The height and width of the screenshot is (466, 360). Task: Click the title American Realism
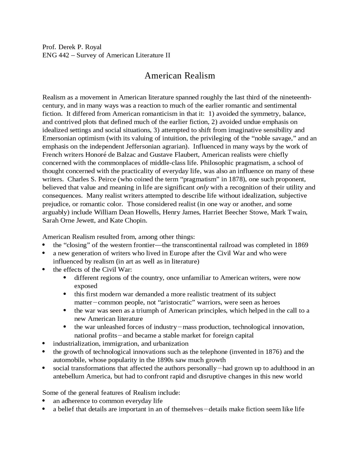[180, 76]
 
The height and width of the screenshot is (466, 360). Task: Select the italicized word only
[202, 187]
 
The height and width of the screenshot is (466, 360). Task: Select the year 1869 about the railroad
[301, 245]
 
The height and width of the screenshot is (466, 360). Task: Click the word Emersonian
[58, 138]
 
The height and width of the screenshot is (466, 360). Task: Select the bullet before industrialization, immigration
[44, 344]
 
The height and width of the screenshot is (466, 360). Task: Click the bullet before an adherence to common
[44, 401]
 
